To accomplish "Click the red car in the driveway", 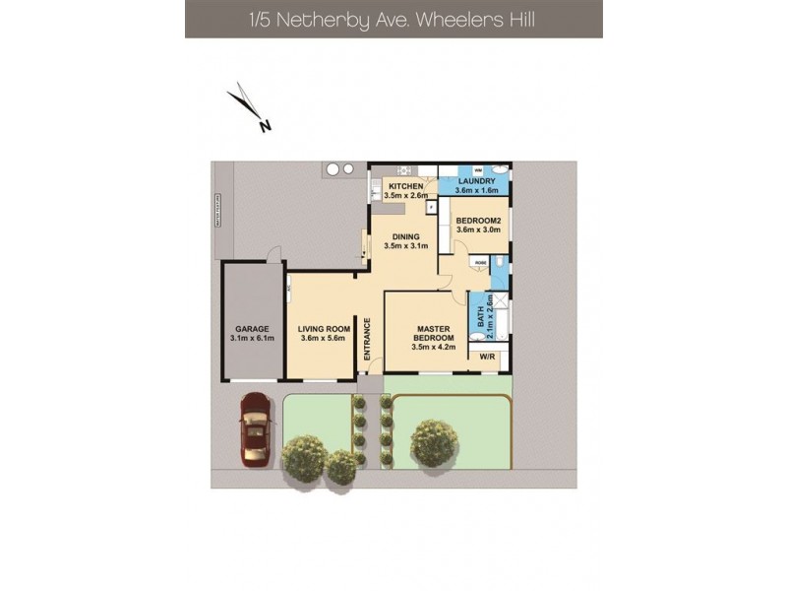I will [256, 430].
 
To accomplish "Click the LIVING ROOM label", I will [325, 330].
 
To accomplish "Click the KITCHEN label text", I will [406, 186].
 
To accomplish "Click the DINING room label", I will [406, 236].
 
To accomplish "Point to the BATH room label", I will [481, 317].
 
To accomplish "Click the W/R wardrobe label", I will [487, 357].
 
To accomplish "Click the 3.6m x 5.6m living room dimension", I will [325, 340].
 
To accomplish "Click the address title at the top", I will [393, 19].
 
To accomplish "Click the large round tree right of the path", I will [433, 441].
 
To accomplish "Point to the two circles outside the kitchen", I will [340, 169].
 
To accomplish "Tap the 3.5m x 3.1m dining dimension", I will [406, 246].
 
